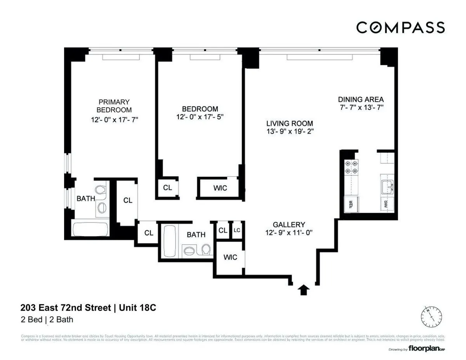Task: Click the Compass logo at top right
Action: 400,28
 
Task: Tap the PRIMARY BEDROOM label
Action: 114,106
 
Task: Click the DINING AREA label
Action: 361,99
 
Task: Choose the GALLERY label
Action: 289,224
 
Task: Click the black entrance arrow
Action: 304,290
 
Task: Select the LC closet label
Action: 237,230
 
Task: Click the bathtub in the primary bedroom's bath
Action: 91,229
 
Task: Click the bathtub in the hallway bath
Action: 169,241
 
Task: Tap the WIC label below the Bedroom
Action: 220,188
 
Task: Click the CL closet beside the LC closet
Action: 223,230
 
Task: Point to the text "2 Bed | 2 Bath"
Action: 47,320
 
